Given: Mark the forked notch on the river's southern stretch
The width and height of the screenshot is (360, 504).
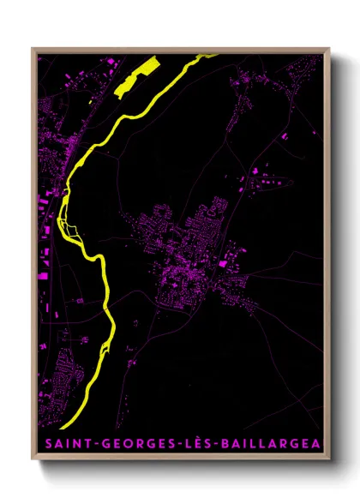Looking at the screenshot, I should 102,346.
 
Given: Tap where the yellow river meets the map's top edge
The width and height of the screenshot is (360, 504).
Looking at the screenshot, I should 208,56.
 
